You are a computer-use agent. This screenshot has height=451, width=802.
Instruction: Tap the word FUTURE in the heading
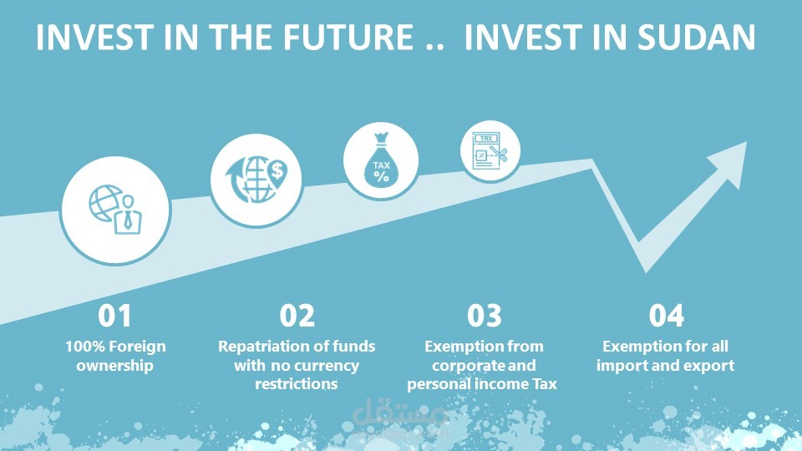click(348, 38)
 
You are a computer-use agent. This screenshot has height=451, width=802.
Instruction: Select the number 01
click(114, 316)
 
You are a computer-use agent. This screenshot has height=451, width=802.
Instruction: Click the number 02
click(297, 316)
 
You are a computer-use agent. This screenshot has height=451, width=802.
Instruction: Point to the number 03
click(485, 316)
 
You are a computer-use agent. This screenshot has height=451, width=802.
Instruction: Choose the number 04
click(667, 316)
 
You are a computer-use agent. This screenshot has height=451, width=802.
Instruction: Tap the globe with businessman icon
click(115, 210)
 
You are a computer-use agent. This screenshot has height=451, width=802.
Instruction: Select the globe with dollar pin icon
click(256, 180)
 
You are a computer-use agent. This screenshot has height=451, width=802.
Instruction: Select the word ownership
click(114, 366)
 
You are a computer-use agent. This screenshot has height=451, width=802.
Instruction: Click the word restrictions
click(297, 384)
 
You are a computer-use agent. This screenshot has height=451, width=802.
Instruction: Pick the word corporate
click(464, 366)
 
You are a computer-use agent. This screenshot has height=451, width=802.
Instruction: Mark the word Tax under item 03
click(545, 384)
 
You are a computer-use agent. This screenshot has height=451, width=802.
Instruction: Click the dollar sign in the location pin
click(277, 170)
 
